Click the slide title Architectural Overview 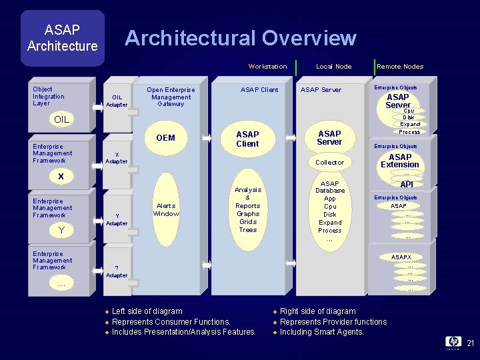tap(241, 38)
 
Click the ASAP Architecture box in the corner tap(62, 38)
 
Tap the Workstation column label tap(267, 67)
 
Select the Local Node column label tap(333, 67)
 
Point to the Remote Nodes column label tap(400, 67)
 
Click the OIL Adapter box tap(117, 101)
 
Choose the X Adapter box tap(117, 158)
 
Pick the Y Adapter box tap(117, 219)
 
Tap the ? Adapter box tap(117, 272)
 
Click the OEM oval tap(165, 138)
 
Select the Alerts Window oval tap(166, 210)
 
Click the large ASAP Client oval tap(247, 139)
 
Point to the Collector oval tap(329, 163)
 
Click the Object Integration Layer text tap(49, 96)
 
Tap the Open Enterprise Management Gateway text tap(171, 97)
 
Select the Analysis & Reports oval tap(247, 209)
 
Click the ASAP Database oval tap(329, 210)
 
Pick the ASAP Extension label tap(400, 161)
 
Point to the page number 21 tap(470, 343)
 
